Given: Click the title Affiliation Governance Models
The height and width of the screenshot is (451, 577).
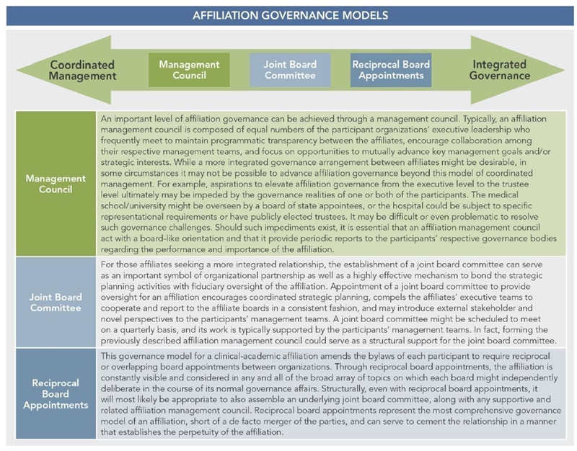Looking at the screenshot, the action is click(x=291, y=15).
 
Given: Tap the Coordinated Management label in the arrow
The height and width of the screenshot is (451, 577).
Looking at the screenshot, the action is click(x=82, y=70).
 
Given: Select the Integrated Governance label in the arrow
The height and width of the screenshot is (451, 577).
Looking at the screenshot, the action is click(x=500, y=70).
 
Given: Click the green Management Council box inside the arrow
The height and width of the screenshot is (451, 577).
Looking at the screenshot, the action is click(x=189, y=70).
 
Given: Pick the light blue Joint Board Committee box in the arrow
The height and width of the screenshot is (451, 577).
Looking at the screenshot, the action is click(x=290, y=70).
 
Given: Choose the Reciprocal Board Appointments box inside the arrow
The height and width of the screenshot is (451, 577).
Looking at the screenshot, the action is click(x=391, y=70).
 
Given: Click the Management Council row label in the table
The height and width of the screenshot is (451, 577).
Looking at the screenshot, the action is click(x=56, y=184).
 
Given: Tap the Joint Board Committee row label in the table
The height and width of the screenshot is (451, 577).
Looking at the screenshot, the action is click(x=56, y=303).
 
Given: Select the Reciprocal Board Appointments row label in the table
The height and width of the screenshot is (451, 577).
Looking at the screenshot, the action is click(x=56, y=394).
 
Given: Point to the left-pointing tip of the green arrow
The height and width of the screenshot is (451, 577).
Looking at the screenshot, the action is click(x=17, y=70).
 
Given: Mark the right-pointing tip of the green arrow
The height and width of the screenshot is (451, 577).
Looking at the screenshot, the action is click(x=565, y=70).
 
